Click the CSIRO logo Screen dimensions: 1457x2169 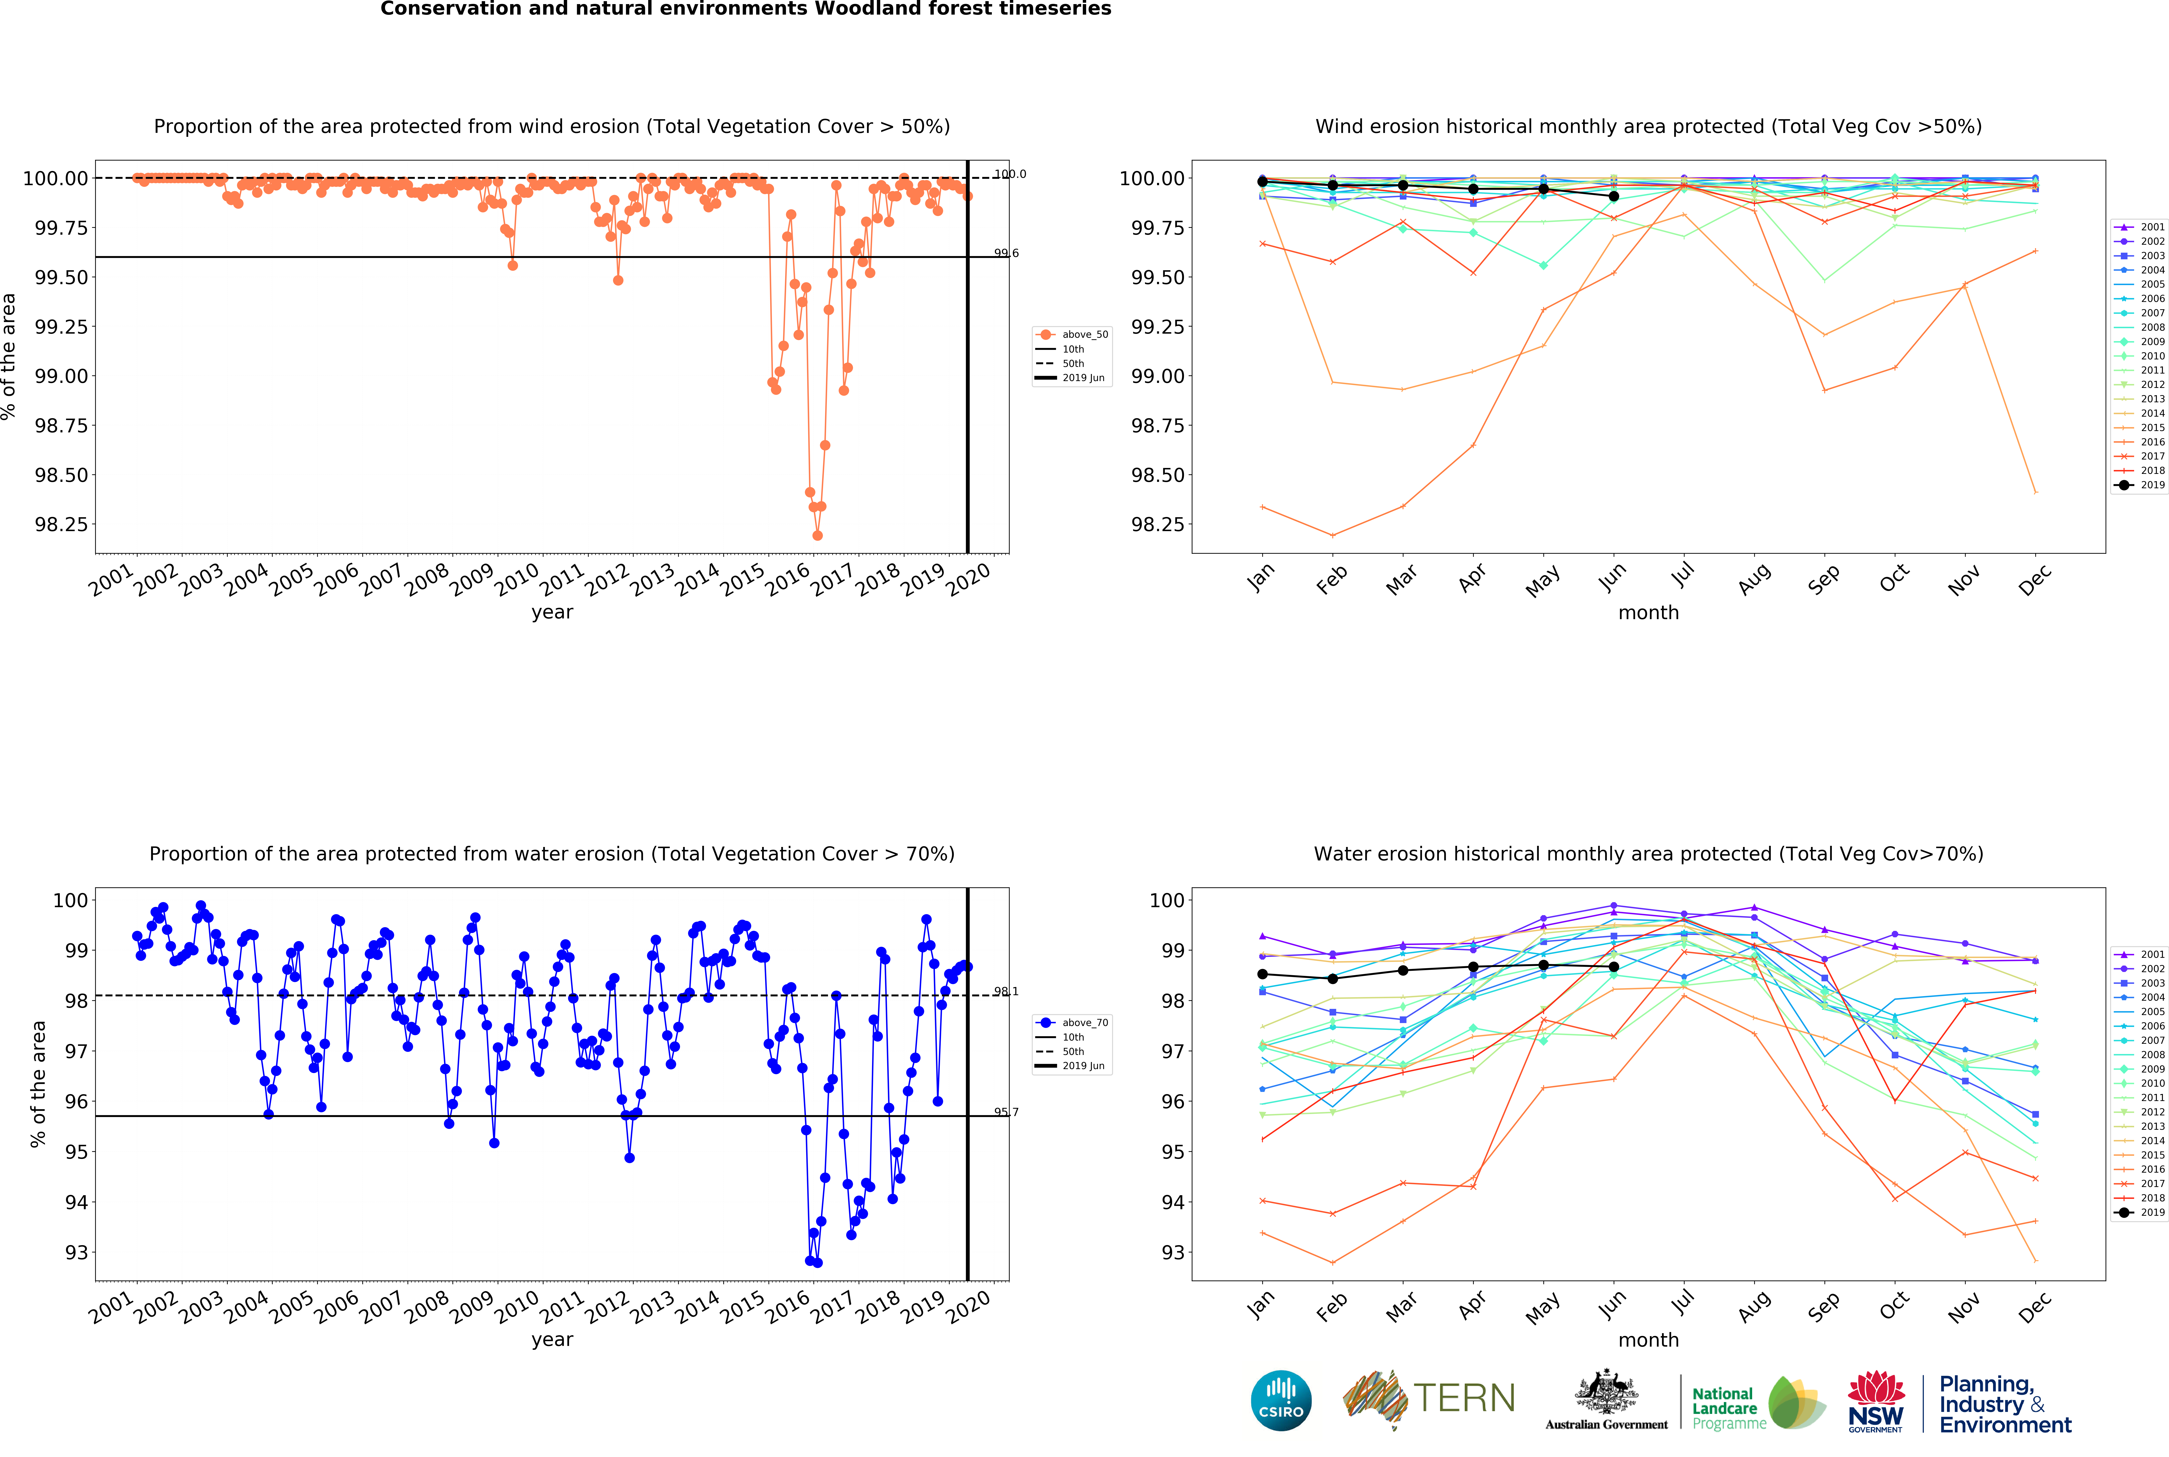pyautogui.click(x=1281, y=1400)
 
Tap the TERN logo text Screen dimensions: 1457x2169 pyautogui.click(x=1464, y=1398)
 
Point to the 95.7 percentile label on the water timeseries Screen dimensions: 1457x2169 pyautogui.click(x=1006, y=1112)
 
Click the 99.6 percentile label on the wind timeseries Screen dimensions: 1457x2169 pyautogui.click(x=1006, y=253)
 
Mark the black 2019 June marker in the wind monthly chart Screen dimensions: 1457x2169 pyautogui.click(x=1614, y=196)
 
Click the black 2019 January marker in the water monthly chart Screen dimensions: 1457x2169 pyautogui.click(x=1262, y=974)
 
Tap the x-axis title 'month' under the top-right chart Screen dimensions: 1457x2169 pyautogui.click(x=1648, y=612)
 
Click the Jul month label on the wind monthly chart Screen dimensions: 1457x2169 pyautogui.click(x=1683, y=576)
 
